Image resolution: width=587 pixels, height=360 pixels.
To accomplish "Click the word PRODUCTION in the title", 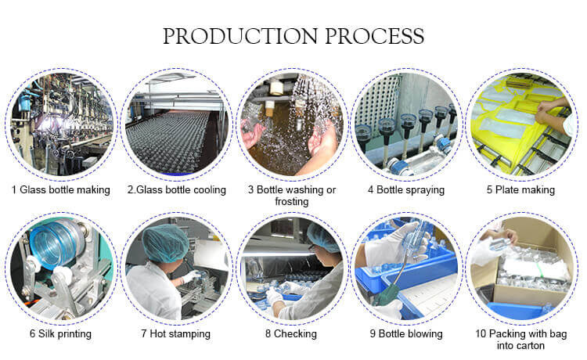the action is tap(240, 36).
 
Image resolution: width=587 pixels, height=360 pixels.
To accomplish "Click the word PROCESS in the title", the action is tap(374, 36).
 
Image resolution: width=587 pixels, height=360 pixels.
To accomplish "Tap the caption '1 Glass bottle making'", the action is tap(60, 190).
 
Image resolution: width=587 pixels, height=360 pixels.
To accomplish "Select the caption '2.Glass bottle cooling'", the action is tap(177, 190).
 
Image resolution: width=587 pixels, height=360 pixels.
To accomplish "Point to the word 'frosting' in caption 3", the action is tap(292, 202).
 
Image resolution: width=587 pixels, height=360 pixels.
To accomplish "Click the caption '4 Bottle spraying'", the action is tap(406, 190).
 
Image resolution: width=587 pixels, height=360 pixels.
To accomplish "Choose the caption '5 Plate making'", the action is tap(520, 190).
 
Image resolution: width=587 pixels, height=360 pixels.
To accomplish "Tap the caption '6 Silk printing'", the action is tap(60, 334).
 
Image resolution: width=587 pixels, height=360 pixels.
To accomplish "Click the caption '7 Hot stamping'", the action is tap(175, 334).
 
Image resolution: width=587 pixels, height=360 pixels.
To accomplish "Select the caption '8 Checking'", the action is tap(291, 334).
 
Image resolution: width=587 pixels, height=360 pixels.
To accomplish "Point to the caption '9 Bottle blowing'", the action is tap(406, 334).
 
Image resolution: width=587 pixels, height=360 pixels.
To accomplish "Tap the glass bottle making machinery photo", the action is tap(61, 124).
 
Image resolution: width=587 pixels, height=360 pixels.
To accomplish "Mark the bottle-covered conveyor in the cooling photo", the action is tap(168, 140).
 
